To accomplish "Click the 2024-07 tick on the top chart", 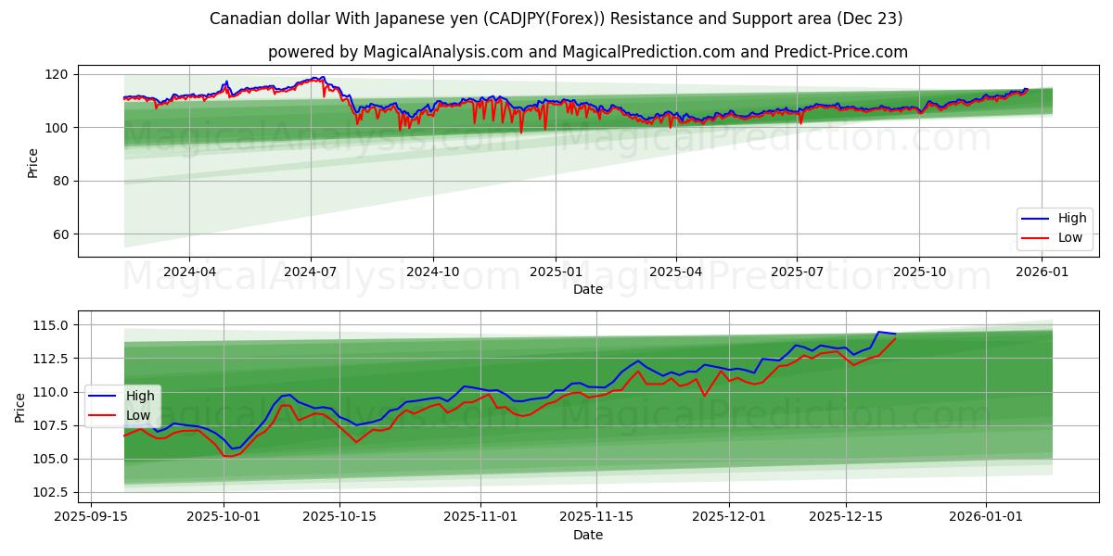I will click(310, 272).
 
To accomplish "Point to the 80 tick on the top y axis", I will click(59, 181).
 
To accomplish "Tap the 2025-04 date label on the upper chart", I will click(675, 272).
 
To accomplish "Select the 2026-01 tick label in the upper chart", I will click(1042, 272).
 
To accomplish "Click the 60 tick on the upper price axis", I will click(59, 234).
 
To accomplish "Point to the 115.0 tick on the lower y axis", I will click(51, 325).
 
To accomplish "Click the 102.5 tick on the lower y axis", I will click(51, 492).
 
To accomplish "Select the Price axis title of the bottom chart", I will click(20, 407).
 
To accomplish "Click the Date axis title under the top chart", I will click(587, 289).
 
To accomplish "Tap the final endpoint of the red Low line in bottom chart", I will click(896, 338).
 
